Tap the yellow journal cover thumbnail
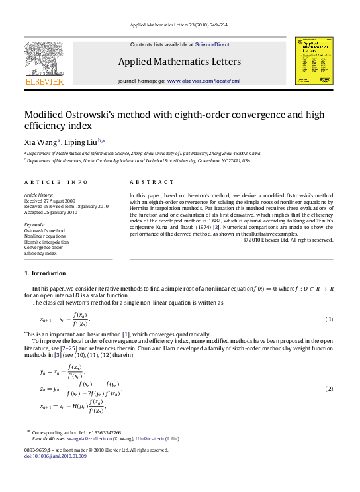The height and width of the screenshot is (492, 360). [314, 61]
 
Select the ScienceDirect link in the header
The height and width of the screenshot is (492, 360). [212, 44]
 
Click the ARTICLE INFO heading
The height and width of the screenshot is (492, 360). [56, 182]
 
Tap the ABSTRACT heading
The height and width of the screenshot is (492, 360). [152, 182]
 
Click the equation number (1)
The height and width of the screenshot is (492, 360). [328, 320]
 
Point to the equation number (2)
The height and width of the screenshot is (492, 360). [328, 388]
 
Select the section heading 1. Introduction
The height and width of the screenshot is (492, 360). [45, 273]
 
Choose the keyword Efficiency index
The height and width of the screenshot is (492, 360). [41, 254]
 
